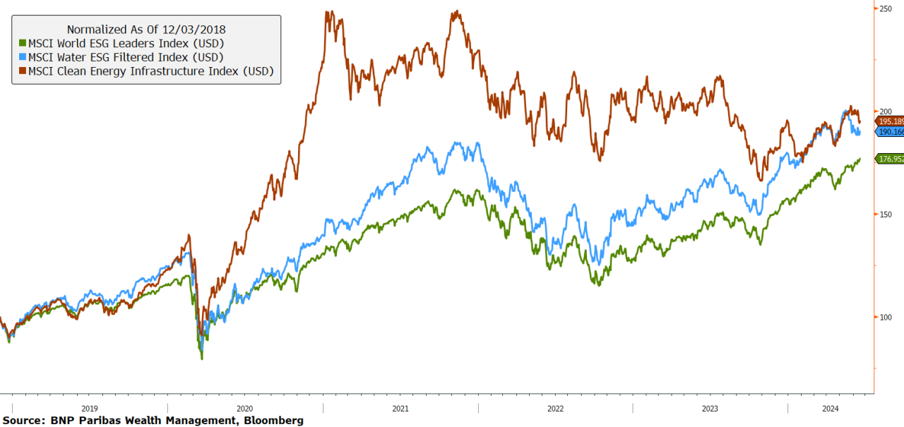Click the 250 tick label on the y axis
pyautogui.click(x=886, y=8)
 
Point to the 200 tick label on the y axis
pyautogui.click(x=886, y=112)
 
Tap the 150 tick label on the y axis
pyautogui.click(x=886, y=214)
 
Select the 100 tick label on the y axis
pyautogui.click(x=886, y=317)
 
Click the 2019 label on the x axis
pyautogui.click(x=90, y=409)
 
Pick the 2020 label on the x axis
pyautogui.click(x=244, y=409)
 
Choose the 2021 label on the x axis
pyautogui.click(x=400, y=409)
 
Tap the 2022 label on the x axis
pyautogui.click(x=555, y=409)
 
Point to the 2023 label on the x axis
pyautogui.click(x=710, y=409)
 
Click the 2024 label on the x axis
pyautogui.click(x=831, y=409)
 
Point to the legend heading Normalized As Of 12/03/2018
pyautogui.click(x=146, y=30)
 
